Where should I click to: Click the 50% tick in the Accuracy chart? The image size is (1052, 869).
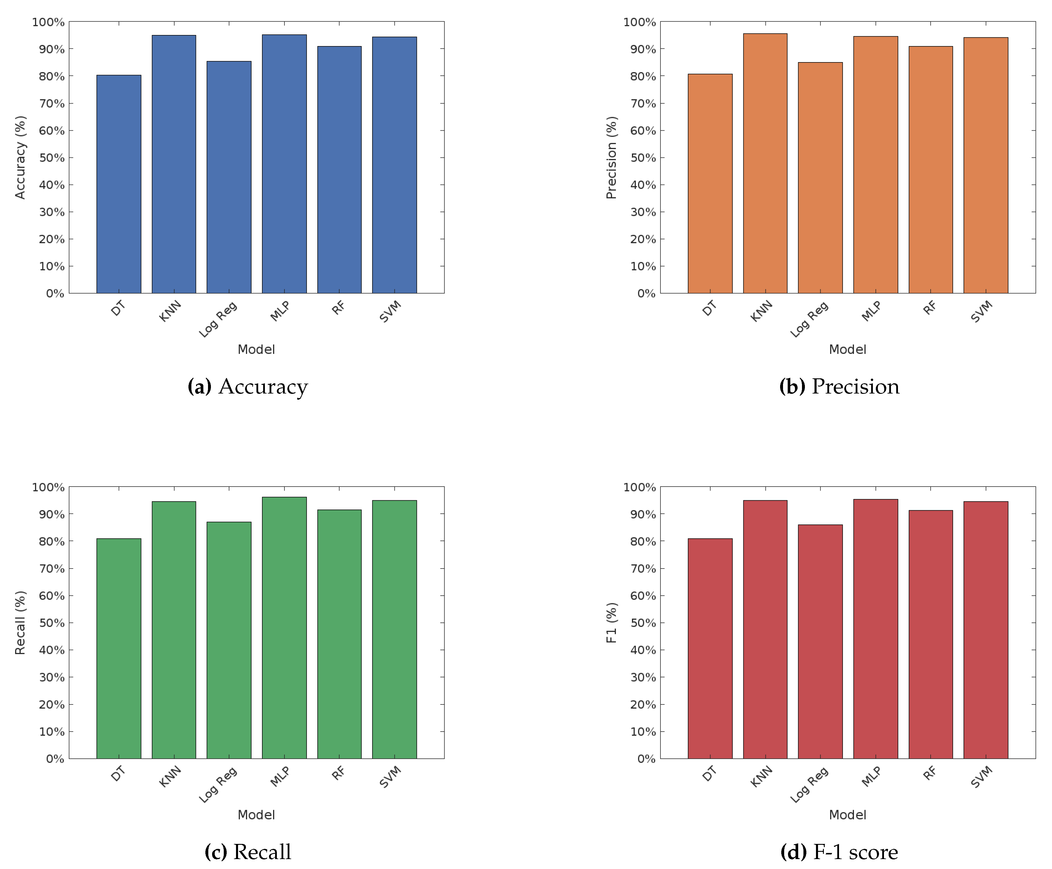click(x=52, y=158)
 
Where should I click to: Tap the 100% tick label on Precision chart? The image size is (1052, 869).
click(x=639, y=22)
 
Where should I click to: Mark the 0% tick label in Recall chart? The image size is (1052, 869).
click(x=55, y=759)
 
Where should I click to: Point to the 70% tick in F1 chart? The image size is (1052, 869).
click(x=643, y=569)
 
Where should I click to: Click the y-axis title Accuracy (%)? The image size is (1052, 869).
click(x=20, y=158)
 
